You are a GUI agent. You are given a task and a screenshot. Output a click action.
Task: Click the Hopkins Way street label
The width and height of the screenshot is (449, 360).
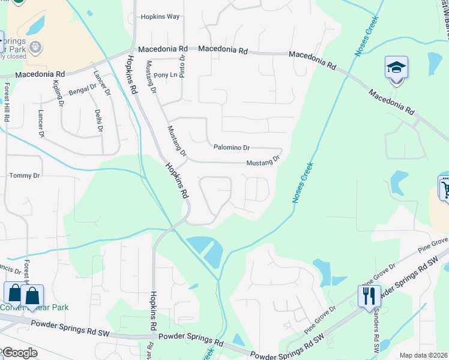(x=160, y=17)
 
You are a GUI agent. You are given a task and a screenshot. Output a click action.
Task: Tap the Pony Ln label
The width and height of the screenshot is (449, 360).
(x=166, y=75)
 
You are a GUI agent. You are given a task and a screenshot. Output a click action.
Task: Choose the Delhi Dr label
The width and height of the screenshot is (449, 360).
(x=99, y=121)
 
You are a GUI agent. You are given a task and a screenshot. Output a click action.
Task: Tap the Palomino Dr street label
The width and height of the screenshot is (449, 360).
(x=231, y=147)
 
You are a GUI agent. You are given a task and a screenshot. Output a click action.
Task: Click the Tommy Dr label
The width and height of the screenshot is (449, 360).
(x=24, y=176)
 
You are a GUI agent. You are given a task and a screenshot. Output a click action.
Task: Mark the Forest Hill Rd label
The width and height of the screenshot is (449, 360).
(x=7, y=103)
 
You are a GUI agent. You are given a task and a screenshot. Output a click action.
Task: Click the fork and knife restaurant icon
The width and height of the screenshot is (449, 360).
(x=369, y=296)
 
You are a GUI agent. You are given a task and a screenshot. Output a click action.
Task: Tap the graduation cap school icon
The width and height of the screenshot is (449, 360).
(x=396, y=67)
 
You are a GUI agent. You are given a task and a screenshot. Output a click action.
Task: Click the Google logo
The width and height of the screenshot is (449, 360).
(x=19, y=353)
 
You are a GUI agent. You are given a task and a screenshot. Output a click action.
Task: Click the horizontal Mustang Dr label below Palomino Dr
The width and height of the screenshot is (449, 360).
(x=263, y=162)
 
